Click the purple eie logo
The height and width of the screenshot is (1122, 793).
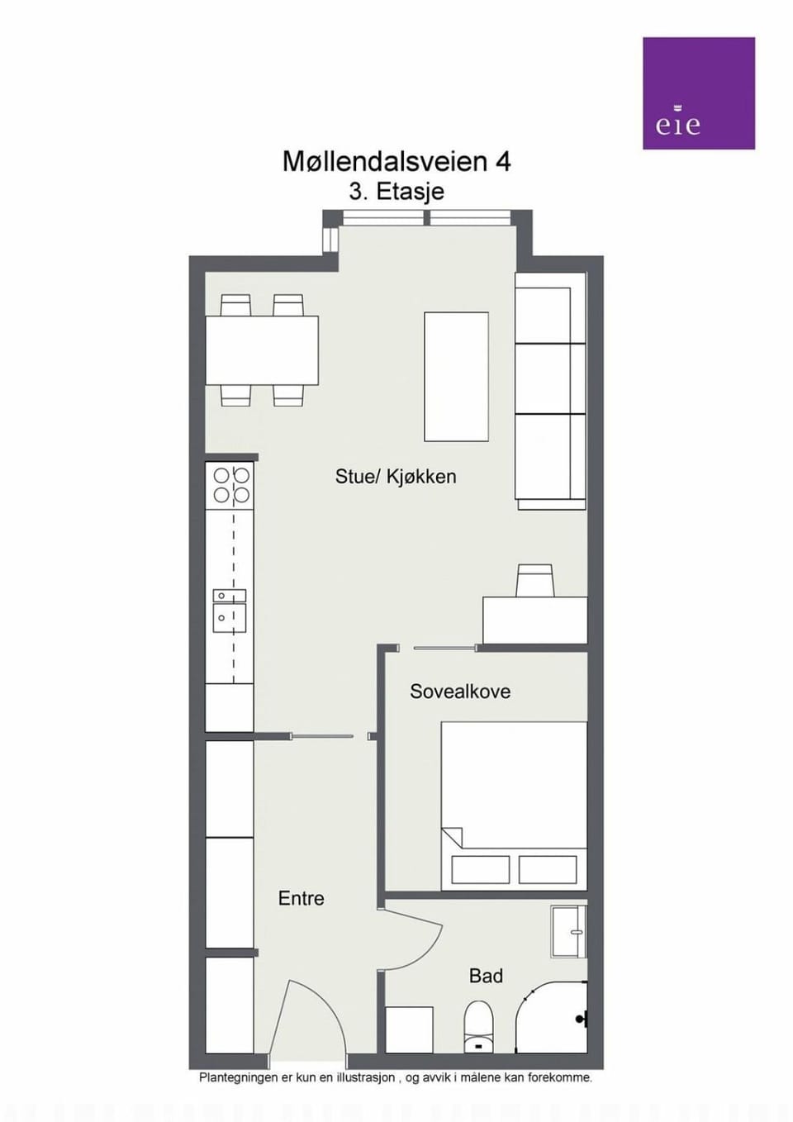point(698,93)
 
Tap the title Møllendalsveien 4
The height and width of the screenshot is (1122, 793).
point(396,162)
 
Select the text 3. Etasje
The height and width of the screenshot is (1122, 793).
point(396,192)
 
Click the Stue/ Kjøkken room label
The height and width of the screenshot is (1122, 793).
point(396,477)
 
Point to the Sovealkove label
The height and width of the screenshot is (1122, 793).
point(460,692)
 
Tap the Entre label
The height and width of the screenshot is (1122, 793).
point(301,898)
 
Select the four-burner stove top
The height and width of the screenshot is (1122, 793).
point(231,485)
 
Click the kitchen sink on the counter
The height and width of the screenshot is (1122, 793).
point(230,611)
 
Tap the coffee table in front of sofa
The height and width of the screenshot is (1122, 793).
point(456,377)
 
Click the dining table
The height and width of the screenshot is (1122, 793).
point(263,350)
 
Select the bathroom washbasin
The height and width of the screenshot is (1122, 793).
point(568,932)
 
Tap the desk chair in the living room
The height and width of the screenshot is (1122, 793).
point(534,580)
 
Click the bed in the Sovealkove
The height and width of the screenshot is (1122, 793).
point(514,806)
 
